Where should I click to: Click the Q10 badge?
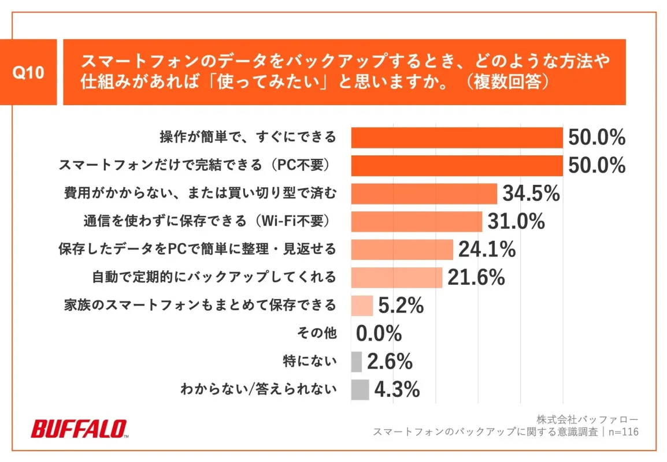click(28, 72)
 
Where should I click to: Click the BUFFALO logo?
click(79, 429)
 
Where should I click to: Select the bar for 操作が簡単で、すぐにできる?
click(457, 137)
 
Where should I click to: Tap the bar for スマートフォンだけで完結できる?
click(457, 166)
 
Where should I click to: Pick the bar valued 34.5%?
click(424, 193)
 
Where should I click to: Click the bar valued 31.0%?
click(416, 221)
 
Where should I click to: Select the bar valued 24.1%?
click(402, 249)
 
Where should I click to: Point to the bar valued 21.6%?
click(397, 277)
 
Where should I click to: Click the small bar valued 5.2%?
click(362, 305)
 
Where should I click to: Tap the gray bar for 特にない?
click(357, 362)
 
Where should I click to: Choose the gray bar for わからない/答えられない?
click(360, 389)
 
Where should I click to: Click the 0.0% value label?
click(379, 334)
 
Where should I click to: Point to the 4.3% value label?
click(397, 389)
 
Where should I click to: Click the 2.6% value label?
click(390, 362)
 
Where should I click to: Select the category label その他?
click(317, 333)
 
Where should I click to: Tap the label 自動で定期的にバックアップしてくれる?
click(214, 277)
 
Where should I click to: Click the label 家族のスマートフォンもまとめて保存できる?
click(199, 305)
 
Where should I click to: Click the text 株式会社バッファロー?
click(587, 419)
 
